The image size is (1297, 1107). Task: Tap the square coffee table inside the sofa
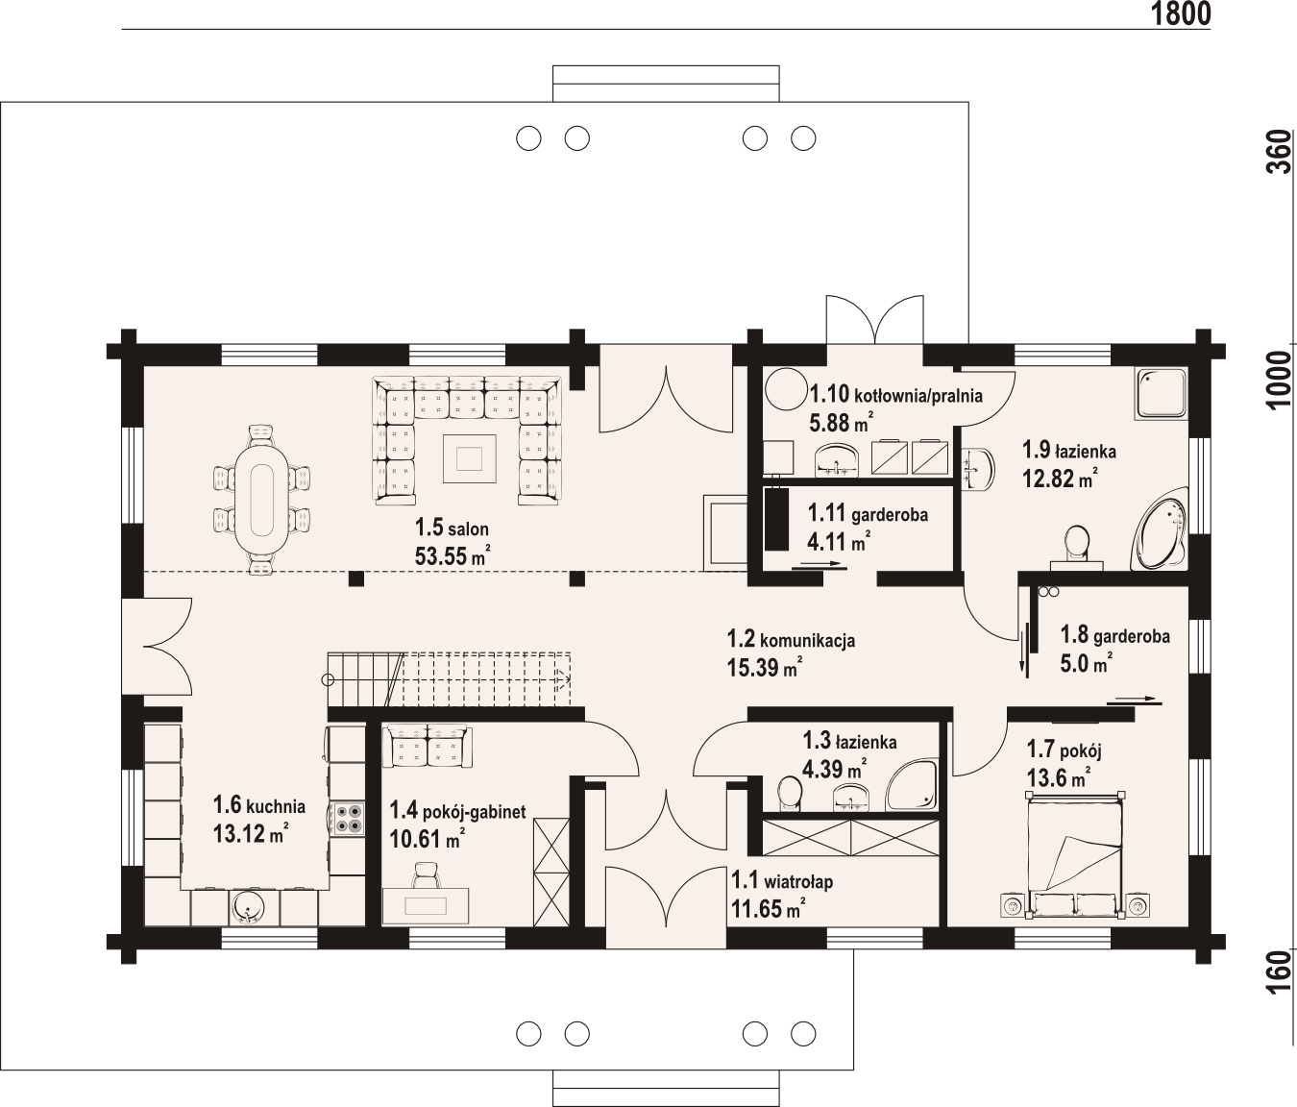pos(470,458)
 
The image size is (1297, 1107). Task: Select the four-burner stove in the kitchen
pos(347,819)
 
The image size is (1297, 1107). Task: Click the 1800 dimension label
pos(1181,13)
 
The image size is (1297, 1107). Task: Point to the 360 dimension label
pos(1279,152)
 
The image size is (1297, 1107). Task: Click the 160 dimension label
pos(1279,972)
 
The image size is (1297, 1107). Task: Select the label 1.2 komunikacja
pos(791,639)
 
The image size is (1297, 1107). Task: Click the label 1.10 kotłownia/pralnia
pos(895,395)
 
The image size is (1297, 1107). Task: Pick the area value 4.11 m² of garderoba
pos(839,540)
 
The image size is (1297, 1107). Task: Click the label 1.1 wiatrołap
pos(782,881)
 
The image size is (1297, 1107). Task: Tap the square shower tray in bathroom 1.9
pos(1162,394)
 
